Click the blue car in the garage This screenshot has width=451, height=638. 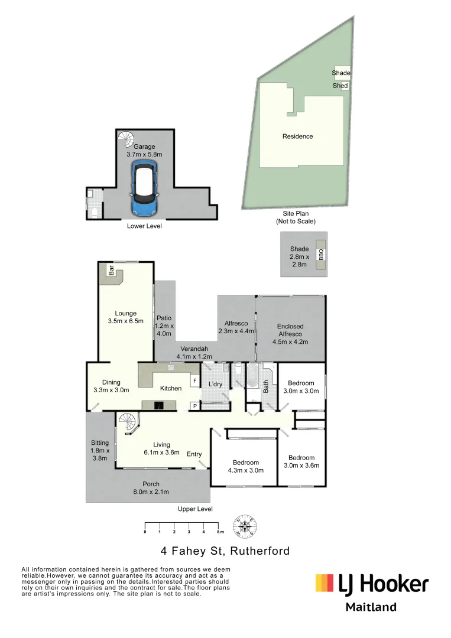pos(144,188)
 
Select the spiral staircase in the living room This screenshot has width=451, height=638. pos(127,423)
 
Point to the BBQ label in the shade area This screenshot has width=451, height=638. pos(321,255)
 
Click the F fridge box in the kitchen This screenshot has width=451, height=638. pos(194,381)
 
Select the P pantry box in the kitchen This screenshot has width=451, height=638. pos(194,406)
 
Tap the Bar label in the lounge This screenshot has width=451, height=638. pos(111,271)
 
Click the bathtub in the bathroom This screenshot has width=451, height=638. pos(253,376)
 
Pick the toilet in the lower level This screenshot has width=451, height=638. pos(94,211)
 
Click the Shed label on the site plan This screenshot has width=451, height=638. pos(340,86)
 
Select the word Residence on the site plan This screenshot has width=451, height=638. pos(297,136)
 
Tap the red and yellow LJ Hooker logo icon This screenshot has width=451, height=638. pos(325,583)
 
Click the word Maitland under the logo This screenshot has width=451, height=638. pos(371,607)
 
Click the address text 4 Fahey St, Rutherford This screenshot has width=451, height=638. pos(225,551)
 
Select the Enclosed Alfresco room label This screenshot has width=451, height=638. pos(290,334)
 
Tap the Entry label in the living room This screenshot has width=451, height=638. pos(194,454)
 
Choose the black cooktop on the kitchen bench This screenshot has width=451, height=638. pos(158,405)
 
